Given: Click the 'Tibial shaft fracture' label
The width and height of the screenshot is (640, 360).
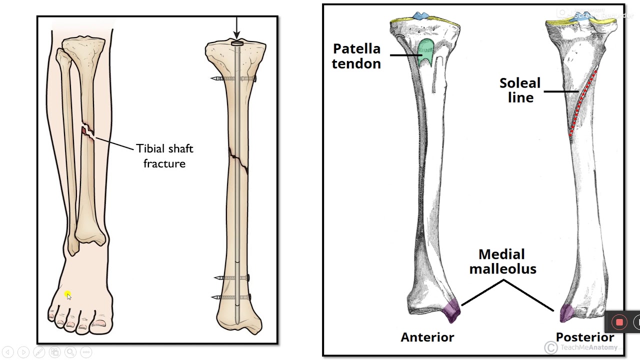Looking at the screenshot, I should [x=164, y=156].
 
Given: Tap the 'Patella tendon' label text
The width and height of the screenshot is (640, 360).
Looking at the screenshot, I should [x=356, y=56].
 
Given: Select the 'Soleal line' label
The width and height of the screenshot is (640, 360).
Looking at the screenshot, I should [x=520, y=90].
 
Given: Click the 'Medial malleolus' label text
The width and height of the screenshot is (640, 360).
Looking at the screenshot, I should [x=502, y=261].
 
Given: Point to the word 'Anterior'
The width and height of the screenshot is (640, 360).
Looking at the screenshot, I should [x=427, y=337].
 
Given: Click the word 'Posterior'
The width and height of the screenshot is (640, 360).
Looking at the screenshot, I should [x=584, y=337].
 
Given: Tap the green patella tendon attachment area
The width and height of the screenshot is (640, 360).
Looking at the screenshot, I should [x=426, y=51].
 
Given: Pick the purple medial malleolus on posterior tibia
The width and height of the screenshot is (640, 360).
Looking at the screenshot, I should [x=566, y=313].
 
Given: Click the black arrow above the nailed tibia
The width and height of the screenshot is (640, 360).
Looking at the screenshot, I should [x=236, y=28].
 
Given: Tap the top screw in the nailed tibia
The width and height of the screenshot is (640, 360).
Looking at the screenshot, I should [x=233, y=79].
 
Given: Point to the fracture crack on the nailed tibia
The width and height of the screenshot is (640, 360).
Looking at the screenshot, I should [x=238, y=159].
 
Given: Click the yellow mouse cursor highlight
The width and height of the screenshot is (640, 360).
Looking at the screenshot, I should [x=68, y=295].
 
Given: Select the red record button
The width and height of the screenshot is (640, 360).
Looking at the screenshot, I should [x=619, y=322].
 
